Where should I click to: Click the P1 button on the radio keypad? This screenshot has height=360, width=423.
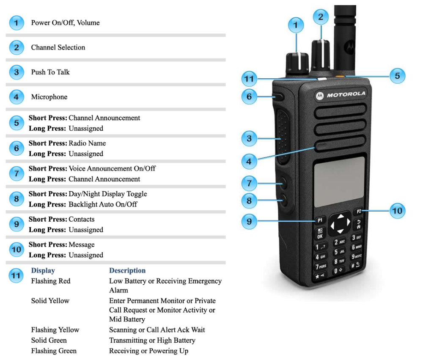coord(320,220)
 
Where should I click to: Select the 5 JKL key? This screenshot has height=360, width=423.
coord(339,252)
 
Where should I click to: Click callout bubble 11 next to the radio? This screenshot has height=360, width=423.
coord(249,79)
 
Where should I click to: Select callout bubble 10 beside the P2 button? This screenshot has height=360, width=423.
coord(397,210)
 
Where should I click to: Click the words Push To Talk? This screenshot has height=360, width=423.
coord(50,72)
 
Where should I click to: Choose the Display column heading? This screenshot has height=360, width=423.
coord(43,270)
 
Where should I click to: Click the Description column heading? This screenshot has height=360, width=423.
coord(127,270)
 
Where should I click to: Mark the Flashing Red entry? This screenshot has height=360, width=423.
coord(50,281)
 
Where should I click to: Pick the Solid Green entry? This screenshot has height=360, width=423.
coord(49,340)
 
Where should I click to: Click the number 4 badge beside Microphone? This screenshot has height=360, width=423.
coord(16,97)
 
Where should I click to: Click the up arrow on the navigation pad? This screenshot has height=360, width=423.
coord(341,216)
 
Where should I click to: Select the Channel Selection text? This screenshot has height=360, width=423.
coord(58,47)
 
